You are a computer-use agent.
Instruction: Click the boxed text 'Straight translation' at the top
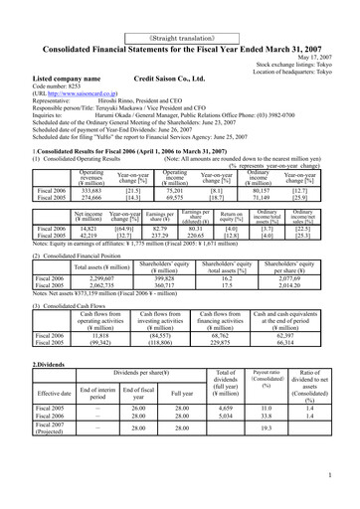coord(180,10)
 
